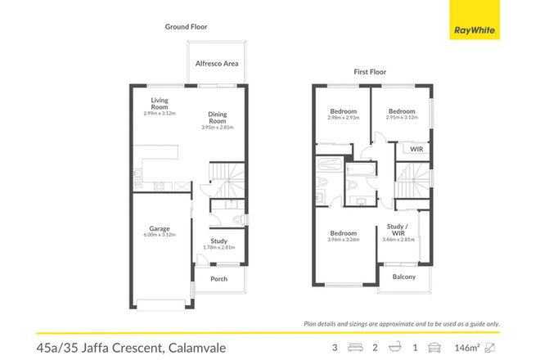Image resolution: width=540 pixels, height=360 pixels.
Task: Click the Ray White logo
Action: pyautogui.click(x=475, y=30)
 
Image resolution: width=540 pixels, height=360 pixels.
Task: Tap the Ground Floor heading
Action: pyautogui.click(x=186, y=27)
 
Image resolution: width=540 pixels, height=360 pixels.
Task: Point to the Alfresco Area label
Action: pyautogui.click(x=216, y=62)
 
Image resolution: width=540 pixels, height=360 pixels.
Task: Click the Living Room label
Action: pyautogui.click(x=159, y=103)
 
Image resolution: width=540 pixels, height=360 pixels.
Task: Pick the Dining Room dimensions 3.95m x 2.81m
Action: pyautogui.click(x=217, y=127)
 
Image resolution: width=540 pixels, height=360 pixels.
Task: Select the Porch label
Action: pyautogui.click(x=219, y=279)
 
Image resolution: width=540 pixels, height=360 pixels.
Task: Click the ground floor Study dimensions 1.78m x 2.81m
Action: pyautogui.click(x=218, y=247)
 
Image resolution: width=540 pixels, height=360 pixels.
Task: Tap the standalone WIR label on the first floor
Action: pyautogui.click(x=416, y=150)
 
